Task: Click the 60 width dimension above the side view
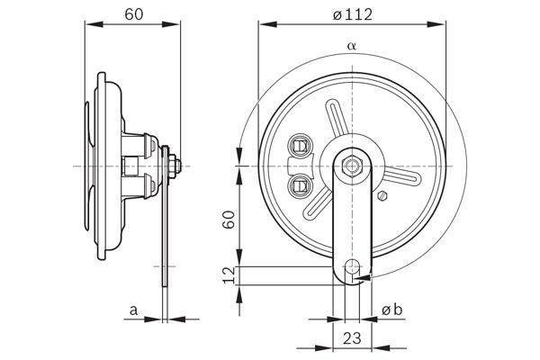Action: [x=132, y=14]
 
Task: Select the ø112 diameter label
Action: [x=351, y=14]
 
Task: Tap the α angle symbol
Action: [x=349, y=45]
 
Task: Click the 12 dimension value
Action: [x=229, y=275]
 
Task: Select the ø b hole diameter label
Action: [x=392, y=310]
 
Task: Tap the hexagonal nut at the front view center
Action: [x=351, y=166]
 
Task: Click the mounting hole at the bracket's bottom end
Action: [x=353, y=267]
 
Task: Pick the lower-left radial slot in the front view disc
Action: [x=318, y=206]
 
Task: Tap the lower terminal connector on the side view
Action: [x=145, y=187]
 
